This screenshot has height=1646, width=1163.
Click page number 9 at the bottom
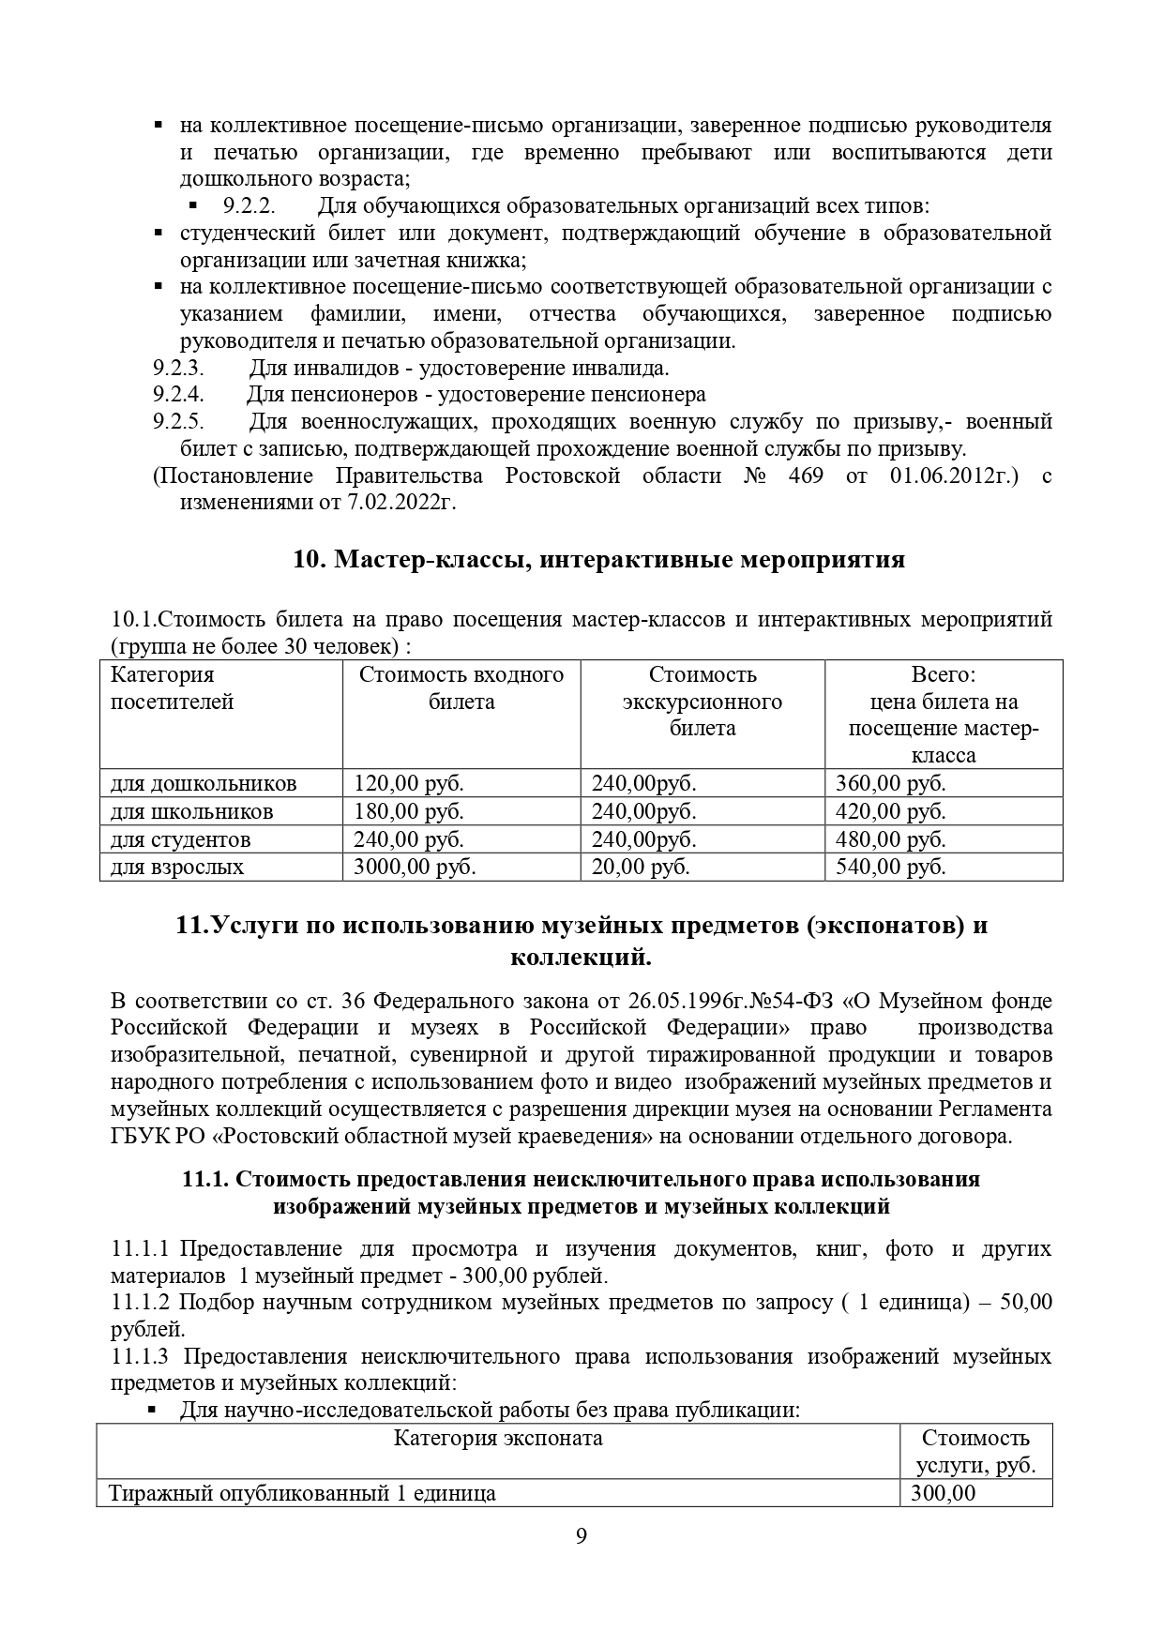point(581,1563)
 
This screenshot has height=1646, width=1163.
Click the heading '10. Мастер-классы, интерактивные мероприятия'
point(598,560)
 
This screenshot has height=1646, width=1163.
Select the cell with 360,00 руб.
point(890,783)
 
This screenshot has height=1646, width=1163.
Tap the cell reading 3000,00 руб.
point(414,867)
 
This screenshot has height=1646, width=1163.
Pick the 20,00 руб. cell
point(641,867)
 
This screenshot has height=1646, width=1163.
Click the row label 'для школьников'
point(192,811)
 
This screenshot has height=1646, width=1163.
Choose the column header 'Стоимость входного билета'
point(461,688)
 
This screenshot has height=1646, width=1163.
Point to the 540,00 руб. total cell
point(890,867)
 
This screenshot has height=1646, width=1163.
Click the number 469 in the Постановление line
point(806,476)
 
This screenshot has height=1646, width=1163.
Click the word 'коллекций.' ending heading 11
point(581,958)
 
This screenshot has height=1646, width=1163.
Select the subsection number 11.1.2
point(140,1302)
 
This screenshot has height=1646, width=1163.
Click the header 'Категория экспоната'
point(497,1439)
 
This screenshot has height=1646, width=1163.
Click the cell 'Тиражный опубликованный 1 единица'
point(302,1493)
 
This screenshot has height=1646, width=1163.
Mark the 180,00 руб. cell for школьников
point(408,811)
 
